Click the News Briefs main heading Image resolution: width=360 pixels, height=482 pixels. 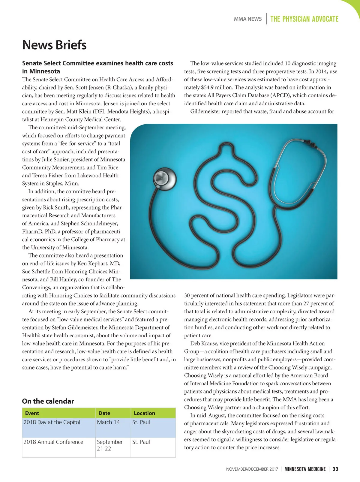pyautogui.click(x=54, y=45)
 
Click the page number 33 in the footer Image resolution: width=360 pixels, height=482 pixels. pyautogui.click(x=335, y=469)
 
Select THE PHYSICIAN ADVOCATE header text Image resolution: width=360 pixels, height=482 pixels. pyautogui.click(x=304, y=19)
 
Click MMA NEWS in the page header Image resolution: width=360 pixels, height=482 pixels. pyautogui.click(x=247, y=19)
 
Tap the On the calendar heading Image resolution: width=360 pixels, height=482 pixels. pyautogui.click(x=48, y=401)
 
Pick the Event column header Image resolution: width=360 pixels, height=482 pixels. pyautogui.click(x=32, y=413)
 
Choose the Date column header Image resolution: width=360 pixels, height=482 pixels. pyautogui.click(x=104, y=413)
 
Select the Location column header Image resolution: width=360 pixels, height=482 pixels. pyautogui.click(x=144, y=413)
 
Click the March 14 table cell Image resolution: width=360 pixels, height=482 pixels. pyautogui.click(x=108, y=422)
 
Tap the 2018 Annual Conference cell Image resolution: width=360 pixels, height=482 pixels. pyautogui.click(x=53, y=442)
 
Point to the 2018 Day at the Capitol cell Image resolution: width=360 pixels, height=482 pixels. pyautogui.click(x=52, y=422)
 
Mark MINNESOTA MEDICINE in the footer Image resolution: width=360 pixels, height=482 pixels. pyautogui.click(x=305, y=469)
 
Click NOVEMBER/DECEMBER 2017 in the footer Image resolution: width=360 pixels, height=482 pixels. pyautogui.click(x=252, y=469)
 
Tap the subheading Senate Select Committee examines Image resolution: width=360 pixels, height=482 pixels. pyautogui.click(x=97, y=63)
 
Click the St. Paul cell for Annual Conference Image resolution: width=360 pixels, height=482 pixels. pyautogui.click(x=141, y=442)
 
